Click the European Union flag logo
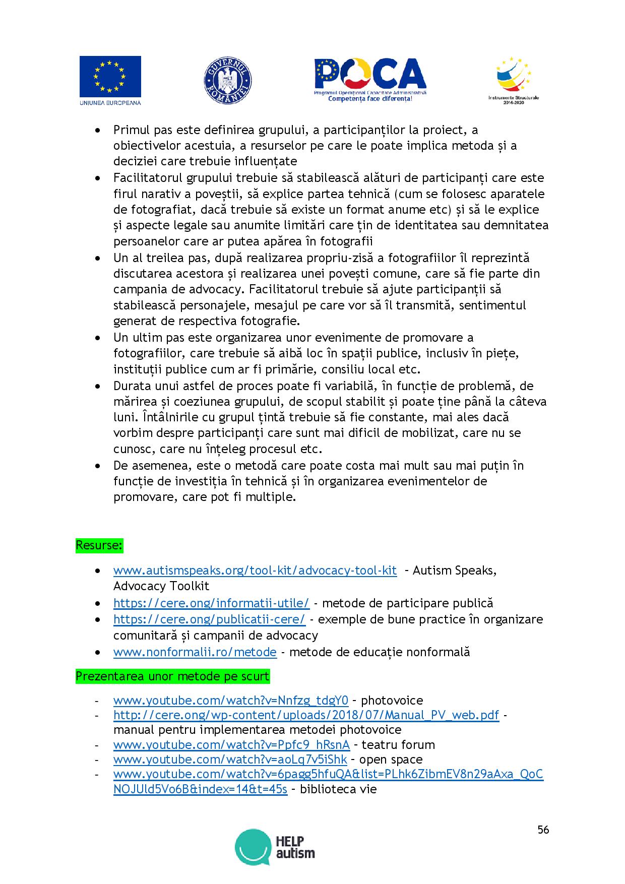(110, 81)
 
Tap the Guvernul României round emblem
(228, 81)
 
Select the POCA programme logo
(370, 80)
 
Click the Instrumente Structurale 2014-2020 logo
(513, 79)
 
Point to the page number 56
(543, 830)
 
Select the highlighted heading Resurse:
(100, 546)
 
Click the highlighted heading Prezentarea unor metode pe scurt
(172, 676)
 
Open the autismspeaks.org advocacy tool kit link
(255, 571)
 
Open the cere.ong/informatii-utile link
(212, 603)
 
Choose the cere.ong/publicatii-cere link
(209, 619)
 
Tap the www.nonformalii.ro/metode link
(195, 652)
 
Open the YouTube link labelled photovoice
(231, 701)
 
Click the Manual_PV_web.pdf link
(306, 715)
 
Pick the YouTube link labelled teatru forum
(231, 745)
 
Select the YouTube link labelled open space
(230, 760)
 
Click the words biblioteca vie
(338, 789)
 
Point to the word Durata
(131, 386)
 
